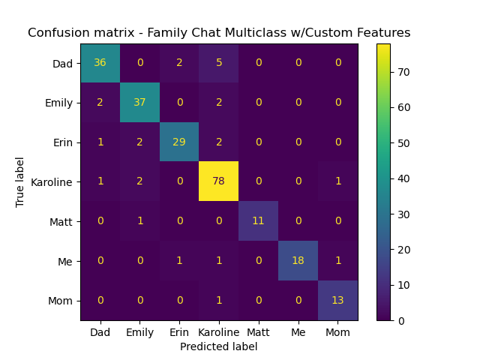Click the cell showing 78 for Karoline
tap(218, 181)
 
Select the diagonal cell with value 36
tap(100, 62)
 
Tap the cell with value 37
tap(139, 102)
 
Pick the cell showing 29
tap(179, 142)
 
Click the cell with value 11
tap(258, 220)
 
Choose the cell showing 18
tap(298, 260)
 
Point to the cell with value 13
tap(337, 300)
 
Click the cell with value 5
tap(218, 62)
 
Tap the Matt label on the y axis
tap(61, 221)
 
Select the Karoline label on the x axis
tap(218, 331)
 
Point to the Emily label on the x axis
tap(139, 331)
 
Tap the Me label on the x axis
tap(298, 331)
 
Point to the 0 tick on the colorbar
tap(401, 320)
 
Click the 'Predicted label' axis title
tap(218, 346)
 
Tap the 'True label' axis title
tap(20, 181)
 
